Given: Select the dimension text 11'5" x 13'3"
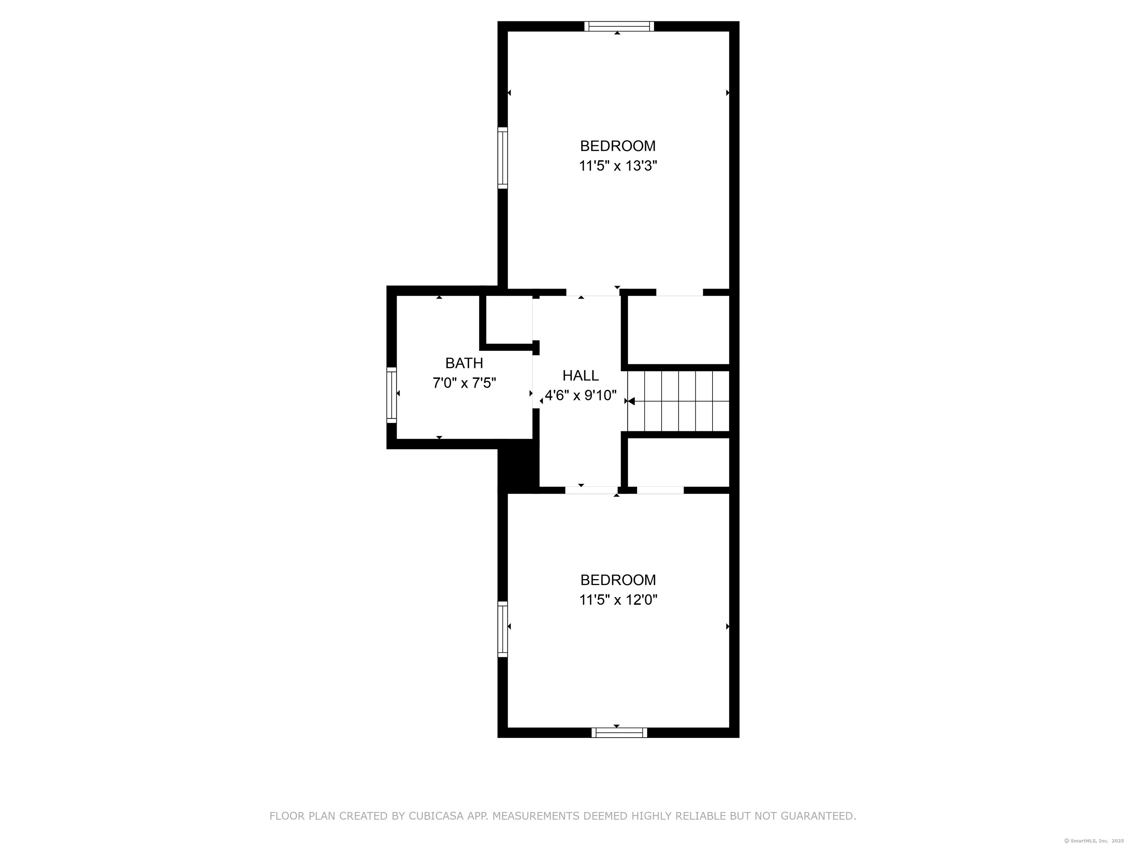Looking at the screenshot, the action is coord(618,166).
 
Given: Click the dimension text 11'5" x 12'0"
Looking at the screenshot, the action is coord(618,600).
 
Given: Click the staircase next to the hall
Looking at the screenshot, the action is coord(678,401).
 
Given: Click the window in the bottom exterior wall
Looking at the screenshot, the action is coord(619,732).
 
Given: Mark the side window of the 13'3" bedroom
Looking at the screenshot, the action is coord(503,158).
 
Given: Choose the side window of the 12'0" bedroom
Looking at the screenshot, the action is coord(503,629).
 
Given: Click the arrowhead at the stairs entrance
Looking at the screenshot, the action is coord(631,401).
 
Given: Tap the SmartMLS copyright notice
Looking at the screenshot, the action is coord(1095,841).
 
